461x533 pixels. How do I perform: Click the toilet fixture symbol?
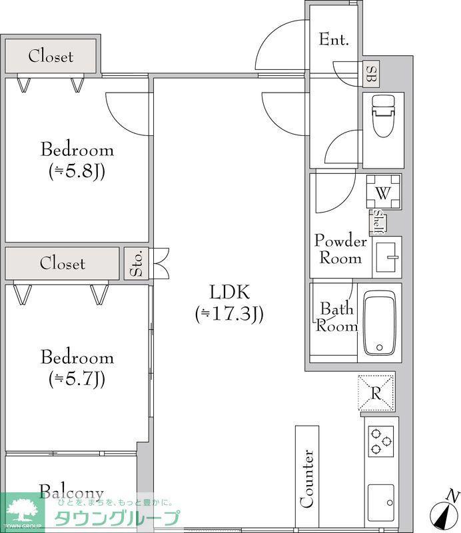click(x=384, y=115)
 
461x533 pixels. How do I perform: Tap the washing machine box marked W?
click(x=383, y=191)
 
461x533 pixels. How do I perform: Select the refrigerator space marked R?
click(x=376, y=393)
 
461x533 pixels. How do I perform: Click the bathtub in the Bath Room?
click(x=380, y=322)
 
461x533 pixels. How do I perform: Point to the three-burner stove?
click(x=381, y=441)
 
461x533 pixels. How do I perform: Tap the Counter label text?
click(x=307, y=478)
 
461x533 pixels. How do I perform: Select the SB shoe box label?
click(x=371, y=73)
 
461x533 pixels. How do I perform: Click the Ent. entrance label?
click(x=334, y=39)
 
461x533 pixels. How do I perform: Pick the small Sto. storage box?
click(x=137, y=263)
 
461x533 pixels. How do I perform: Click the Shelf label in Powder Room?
click(x=377, y=223)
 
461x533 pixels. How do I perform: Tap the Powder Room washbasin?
click(x=387, y=257)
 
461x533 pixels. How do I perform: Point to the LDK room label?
click(x=230, y=292)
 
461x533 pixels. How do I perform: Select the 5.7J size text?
click(x=77, y=379)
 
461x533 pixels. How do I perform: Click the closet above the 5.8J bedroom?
click(x=51, y=55)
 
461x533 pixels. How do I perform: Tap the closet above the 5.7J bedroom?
click(x=62, y=263)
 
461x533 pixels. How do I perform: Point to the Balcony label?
click(x=71, y=492)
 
